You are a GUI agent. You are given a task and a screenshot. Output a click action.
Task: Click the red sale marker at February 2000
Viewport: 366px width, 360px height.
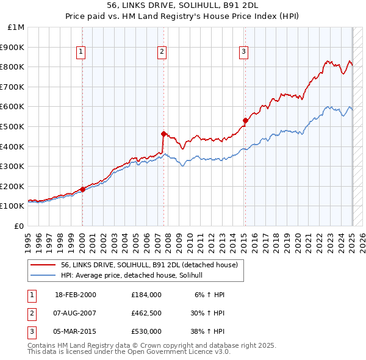pos(82,189)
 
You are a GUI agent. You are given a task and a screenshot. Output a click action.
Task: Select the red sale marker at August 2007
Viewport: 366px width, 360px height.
pos(163,133)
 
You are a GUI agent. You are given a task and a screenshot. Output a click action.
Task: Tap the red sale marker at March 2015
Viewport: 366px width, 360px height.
pos(245,120)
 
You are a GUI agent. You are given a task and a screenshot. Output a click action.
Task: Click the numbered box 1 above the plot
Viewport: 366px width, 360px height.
pos(81,52)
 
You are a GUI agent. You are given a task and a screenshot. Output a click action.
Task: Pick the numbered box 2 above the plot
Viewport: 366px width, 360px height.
pos(162,52)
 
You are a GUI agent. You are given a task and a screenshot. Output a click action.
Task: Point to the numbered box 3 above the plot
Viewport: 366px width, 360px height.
pos(243,52)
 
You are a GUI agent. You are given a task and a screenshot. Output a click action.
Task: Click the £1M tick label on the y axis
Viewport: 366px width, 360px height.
pos(16,27)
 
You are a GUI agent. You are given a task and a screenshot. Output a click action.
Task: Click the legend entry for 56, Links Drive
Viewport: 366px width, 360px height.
pos(152,265)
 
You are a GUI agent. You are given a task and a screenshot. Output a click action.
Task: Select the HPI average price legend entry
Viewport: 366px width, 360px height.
pos(135,276)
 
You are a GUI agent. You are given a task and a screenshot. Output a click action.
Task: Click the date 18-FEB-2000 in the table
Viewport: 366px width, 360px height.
pos(76,294)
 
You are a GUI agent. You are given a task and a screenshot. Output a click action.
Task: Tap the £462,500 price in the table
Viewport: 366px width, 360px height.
pos(146,313)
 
